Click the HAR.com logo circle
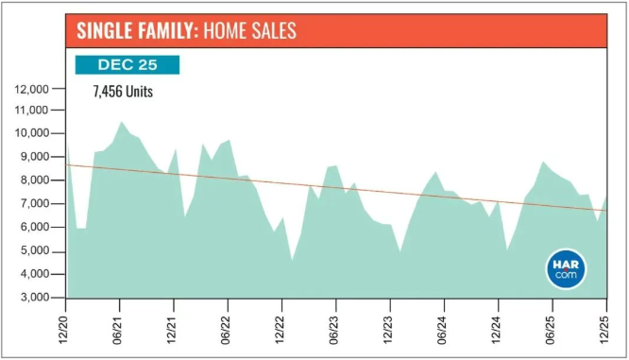tap(566, 269)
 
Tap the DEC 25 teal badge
tap(127, 65)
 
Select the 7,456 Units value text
tap(123, 92)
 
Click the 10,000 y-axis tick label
tap(32, 133)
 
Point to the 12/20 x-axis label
tap(63, 330)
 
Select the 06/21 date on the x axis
tap(117, 330)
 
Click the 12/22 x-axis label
tap(280, 330)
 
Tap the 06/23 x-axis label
tap(333, 330)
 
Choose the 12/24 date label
tap(496, 330)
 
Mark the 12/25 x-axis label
tap(604, 330)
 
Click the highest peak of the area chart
tap(121, 122)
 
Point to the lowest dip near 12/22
tap(292, 260)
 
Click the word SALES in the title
tap(273, 30)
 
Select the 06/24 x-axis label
tap(442, 330)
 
